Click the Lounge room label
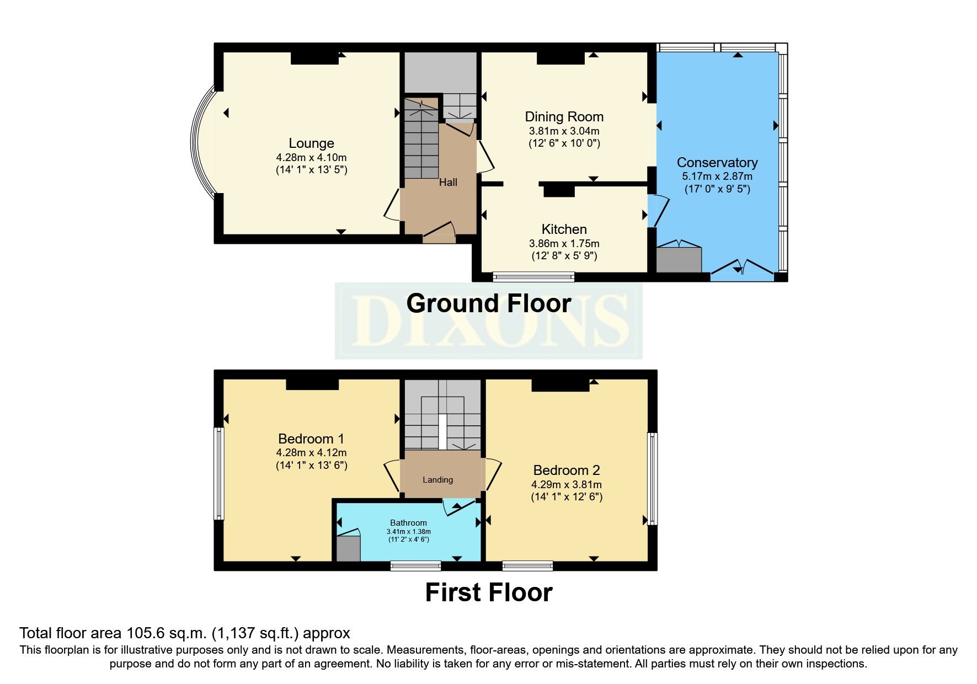pos(311,143)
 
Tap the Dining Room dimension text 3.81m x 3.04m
pos(564,131)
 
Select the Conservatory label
pos(717,163)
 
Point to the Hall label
pos(448,183)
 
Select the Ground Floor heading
pos(488,304)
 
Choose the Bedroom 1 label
pos(311,439)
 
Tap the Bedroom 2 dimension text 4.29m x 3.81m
pos(566,485)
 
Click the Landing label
pos(437,480)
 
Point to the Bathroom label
pos(408,523)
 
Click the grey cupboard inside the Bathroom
pos(348,548)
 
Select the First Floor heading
pos(488,593)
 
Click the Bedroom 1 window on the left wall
pos(219,474)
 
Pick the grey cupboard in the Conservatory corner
pos(679,260)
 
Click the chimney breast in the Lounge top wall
pos(314,58)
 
